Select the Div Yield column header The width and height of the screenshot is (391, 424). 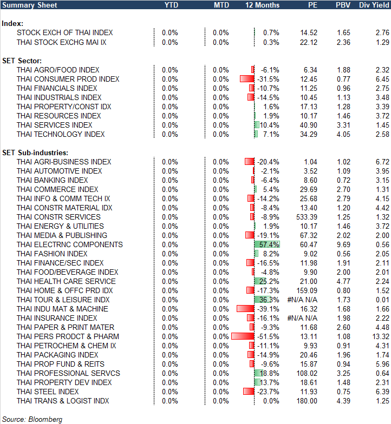tap(374, 5)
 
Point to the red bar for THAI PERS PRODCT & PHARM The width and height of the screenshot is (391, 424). tap(243, 336)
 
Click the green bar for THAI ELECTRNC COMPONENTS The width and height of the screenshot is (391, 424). tap(267, 244)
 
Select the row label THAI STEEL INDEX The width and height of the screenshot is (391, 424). tap(48, 392)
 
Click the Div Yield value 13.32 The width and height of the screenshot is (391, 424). tap(378, 336)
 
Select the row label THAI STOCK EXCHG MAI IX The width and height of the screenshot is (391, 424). tap(61, 42)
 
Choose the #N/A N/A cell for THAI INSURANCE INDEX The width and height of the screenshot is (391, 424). tap(302, 318)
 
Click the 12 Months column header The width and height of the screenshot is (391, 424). tap(262, 5)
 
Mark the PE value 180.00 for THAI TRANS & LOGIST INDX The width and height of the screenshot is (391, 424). tap(305, 401)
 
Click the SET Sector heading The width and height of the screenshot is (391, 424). tap(22, 61)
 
